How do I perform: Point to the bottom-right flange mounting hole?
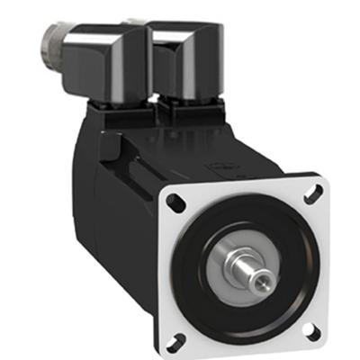(313, 330)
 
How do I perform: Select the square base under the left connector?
(121, 112)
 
